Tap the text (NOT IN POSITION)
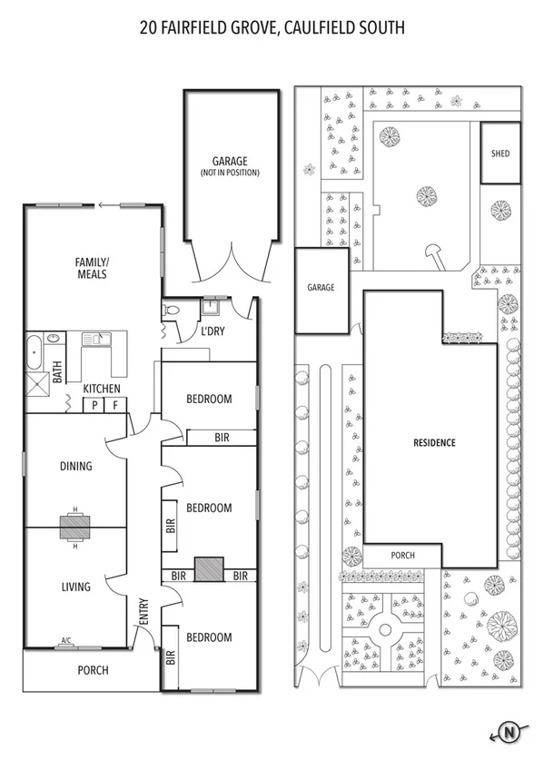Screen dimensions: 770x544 pyautogui.click(x=230, y=172)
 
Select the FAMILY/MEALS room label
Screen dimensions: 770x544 pyautogui.click(x=92, y=268)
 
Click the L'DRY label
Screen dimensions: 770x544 pyautogui.click(x=214, y=331)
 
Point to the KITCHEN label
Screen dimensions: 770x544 pyautogui.click(x=102, y=389)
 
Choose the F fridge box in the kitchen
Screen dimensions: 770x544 pyautogui.click(x=114, y=406)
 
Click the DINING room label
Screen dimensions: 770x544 pyautogui.click(x=76, y=467)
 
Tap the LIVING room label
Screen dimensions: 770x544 pyautogui.click(x=75, y=587)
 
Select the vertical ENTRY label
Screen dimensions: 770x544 pyautogui.click(x=143, y=609)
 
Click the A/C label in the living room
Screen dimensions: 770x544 pyautogui.click(x=66, y=640)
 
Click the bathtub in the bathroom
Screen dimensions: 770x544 pyautogui.click(x=34, y=349)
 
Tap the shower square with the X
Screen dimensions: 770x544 pyautogui.click(x=35, y=385)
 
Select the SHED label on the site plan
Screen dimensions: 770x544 pyautogui.click(x=499, y=153)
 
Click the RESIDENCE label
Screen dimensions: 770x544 pyautogui.click(x=434, y=443)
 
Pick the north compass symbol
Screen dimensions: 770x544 pyautogui.click(x=509, y=732)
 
